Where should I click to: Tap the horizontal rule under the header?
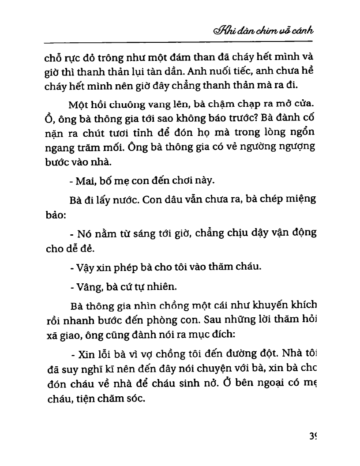click(178, 42)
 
